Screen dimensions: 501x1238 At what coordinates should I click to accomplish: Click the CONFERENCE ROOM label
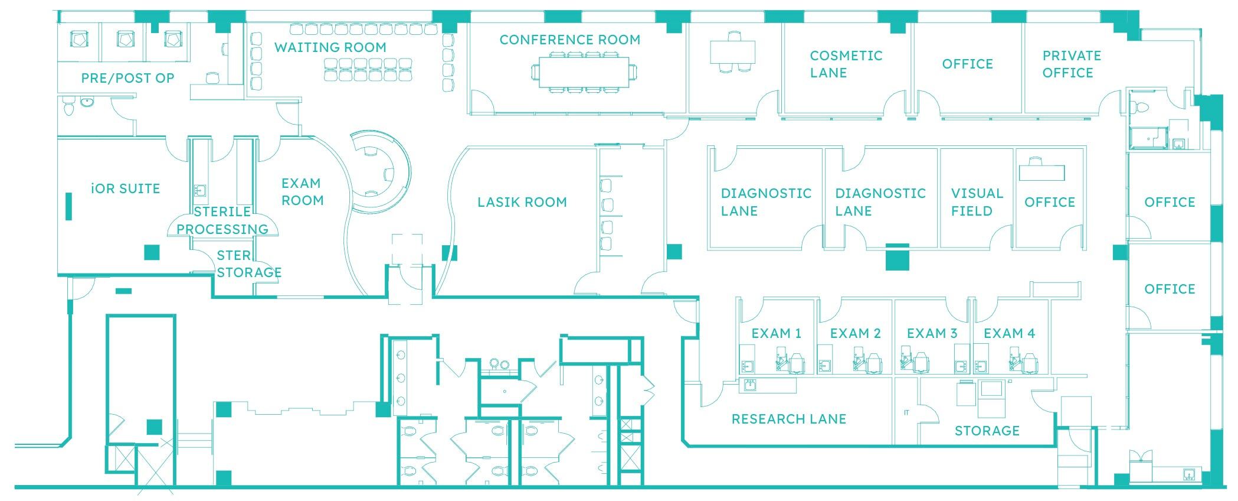point(569,40)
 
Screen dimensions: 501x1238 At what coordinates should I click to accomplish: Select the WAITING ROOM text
point(330,47)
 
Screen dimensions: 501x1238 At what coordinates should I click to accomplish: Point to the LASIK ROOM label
point(522,202)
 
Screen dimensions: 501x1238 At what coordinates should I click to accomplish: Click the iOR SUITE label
point(126,189)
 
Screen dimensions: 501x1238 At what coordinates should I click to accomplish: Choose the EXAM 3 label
point(932,334)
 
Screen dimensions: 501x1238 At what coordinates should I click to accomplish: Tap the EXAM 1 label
point(776,334)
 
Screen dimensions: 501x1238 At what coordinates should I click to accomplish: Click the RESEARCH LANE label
point(789,419)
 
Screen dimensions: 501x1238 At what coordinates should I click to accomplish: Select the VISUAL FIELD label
point(977,202)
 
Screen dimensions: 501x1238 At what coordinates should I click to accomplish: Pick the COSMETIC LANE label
point(846,64)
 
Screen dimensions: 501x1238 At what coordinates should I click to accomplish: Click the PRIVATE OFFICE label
point(1071,64)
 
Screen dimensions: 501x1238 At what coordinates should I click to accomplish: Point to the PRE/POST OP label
point(127,78)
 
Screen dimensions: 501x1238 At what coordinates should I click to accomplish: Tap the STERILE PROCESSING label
point(222,220)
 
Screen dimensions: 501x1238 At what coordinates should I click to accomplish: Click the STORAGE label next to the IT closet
point(987,431)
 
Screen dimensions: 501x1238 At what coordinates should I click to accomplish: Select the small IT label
point(906,413)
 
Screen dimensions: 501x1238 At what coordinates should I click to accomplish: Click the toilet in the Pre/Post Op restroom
point(68,108)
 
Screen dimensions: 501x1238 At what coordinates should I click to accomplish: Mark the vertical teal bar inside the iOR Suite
point(69,206)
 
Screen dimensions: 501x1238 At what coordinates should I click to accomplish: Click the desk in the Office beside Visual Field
point(1042,171)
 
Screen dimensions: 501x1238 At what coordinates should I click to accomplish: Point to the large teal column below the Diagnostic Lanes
point(898,257)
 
